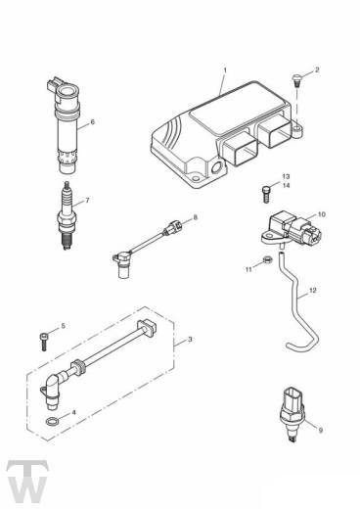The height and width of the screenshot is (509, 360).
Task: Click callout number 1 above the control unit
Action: point(225,70)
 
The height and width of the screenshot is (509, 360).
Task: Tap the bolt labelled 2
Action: point(296,80)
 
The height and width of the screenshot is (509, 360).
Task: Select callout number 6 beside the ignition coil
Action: point(92,122)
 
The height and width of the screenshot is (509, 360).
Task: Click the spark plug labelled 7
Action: point(67,216)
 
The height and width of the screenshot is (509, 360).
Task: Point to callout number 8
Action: point(196,217)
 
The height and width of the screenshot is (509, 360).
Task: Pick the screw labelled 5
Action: point(45,342)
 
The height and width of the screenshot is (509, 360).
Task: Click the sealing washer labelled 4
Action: point(52,421)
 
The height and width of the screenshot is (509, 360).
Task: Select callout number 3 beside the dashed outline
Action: point(190,340)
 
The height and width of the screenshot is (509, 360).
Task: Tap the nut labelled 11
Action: point(267,260)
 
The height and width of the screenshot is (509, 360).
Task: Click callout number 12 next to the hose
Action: point(312,290)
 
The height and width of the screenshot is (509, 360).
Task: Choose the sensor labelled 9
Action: point(292,415)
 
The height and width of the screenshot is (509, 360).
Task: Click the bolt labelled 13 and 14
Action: point(266,194)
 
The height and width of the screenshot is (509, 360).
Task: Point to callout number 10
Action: point(321,214)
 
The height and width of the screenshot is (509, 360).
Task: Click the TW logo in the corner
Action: point(27,481)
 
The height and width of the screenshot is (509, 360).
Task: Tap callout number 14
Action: point(286,185)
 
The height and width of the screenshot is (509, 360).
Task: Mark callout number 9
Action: point(321,431)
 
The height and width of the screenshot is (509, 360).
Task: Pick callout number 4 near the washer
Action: point(74,412)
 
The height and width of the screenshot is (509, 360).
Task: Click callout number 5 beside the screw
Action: point(63,326)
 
